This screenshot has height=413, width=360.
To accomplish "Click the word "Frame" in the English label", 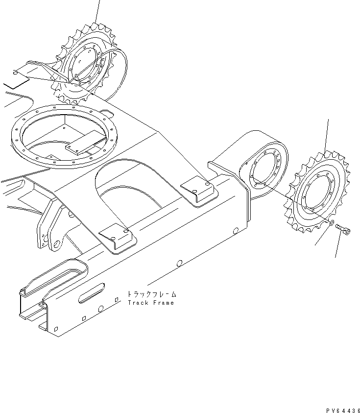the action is pyautogui.click(x=163, y=303).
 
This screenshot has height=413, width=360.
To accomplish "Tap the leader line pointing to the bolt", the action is pyautogui.click(x=337, y=247).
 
